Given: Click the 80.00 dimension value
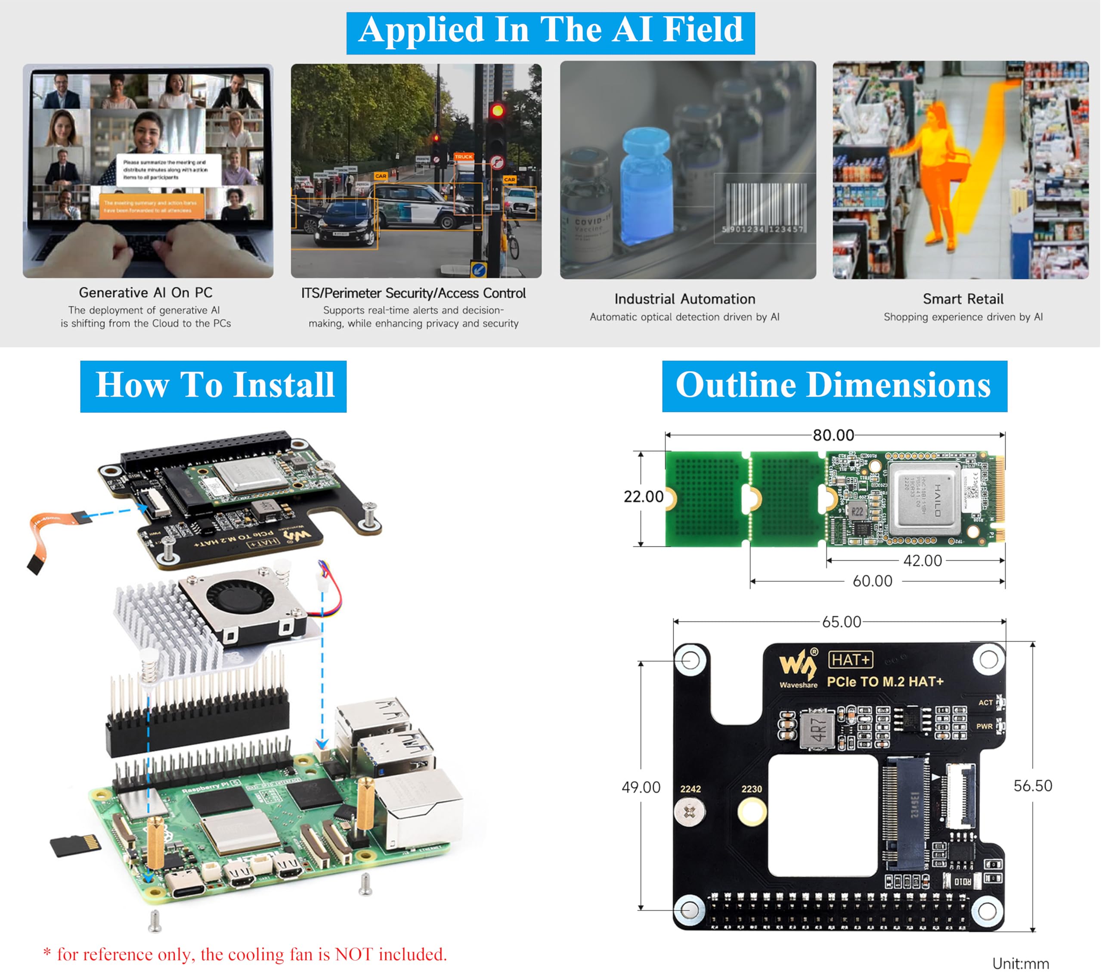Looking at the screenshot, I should coord(833,435).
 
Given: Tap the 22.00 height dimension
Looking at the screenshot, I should coord(643,496).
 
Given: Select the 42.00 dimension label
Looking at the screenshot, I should coord(922,561).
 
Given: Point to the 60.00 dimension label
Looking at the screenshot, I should coord(872,581).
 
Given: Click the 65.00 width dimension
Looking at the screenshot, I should coord(841,622).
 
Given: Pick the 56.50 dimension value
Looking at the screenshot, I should coord(1032,785).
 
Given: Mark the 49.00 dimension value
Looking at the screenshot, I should coord(641,787).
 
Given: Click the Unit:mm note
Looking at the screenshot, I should coord(1020,964).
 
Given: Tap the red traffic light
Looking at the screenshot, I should coord(497,111).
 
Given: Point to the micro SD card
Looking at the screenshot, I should coord(75,845).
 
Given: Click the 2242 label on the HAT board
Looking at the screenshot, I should coord(690,789).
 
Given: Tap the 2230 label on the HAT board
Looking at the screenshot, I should coord(751,789).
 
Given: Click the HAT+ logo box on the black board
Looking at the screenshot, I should coord(850,660).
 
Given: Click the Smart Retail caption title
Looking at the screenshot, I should coord(963,299).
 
